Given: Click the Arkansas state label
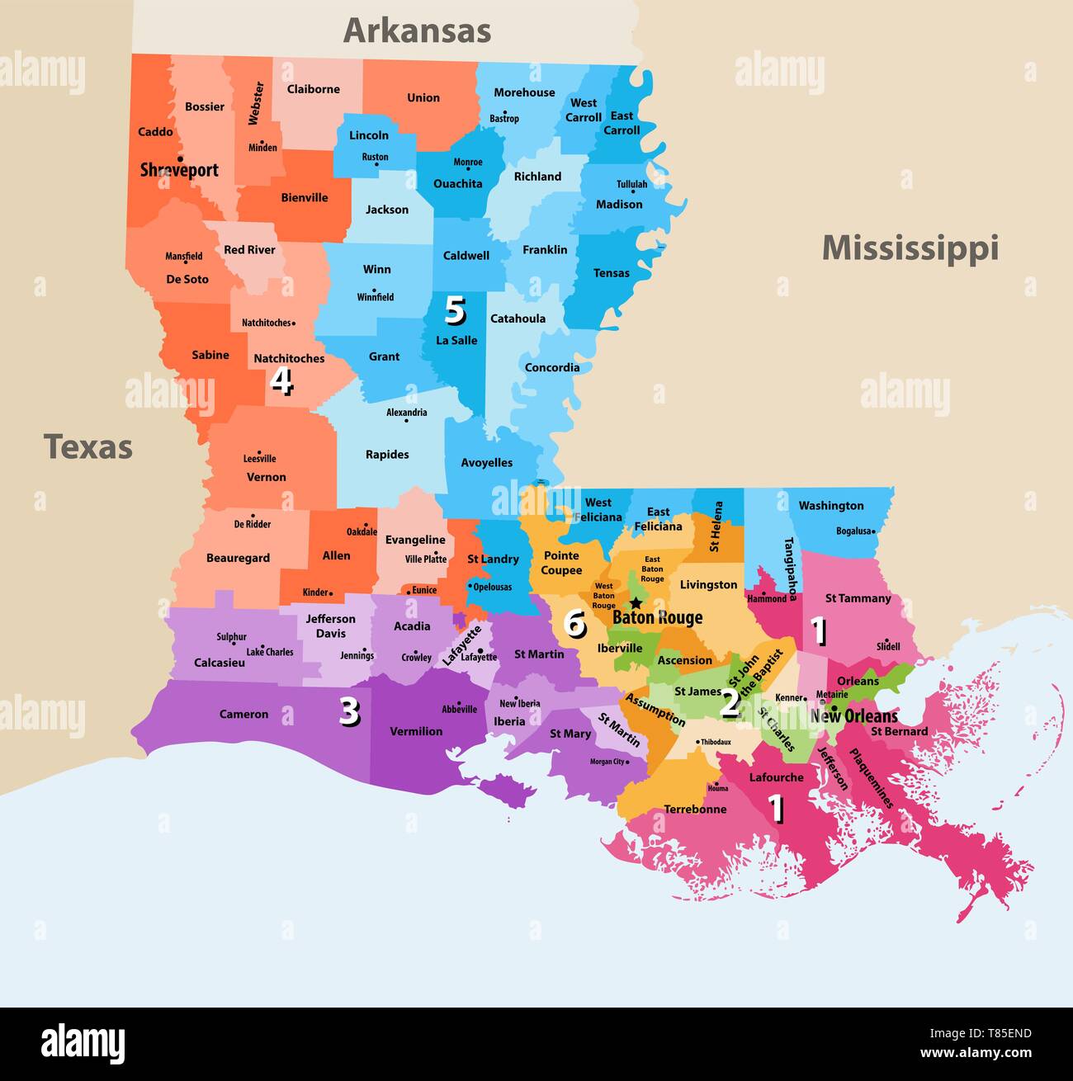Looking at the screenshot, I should point(417,31).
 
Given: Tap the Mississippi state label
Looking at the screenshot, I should point(910,248).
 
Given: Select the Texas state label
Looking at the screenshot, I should point(88,446).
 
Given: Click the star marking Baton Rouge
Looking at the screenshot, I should point(636,603).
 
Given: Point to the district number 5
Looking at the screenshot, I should point(455,310).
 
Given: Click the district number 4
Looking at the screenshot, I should point(281,381).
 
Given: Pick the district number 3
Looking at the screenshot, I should point(349,711).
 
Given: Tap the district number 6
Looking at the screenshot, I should point(574,624).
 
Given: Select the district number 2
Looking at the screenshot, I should point(730,703).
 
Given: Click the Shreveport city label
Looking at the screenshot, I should point(179,170).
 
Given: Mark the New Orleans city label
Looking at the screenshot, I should point(853,715).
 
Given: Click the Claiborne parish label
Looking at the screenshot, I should point(313,89).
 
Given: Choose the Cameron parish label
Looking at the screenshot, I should point(243,714).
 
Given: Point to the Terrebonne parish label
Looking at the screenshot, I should point(695,809).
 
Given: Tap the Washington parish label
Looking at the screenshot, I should point(830,506).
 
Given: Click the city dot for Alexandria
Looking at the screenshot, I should point(406,421).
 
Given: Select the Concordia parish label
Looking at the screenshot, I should point(552,367).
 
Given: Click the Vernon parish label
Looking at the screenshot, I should point(266,477).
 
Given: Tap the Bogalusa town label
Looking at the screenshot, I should point(853,531).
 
